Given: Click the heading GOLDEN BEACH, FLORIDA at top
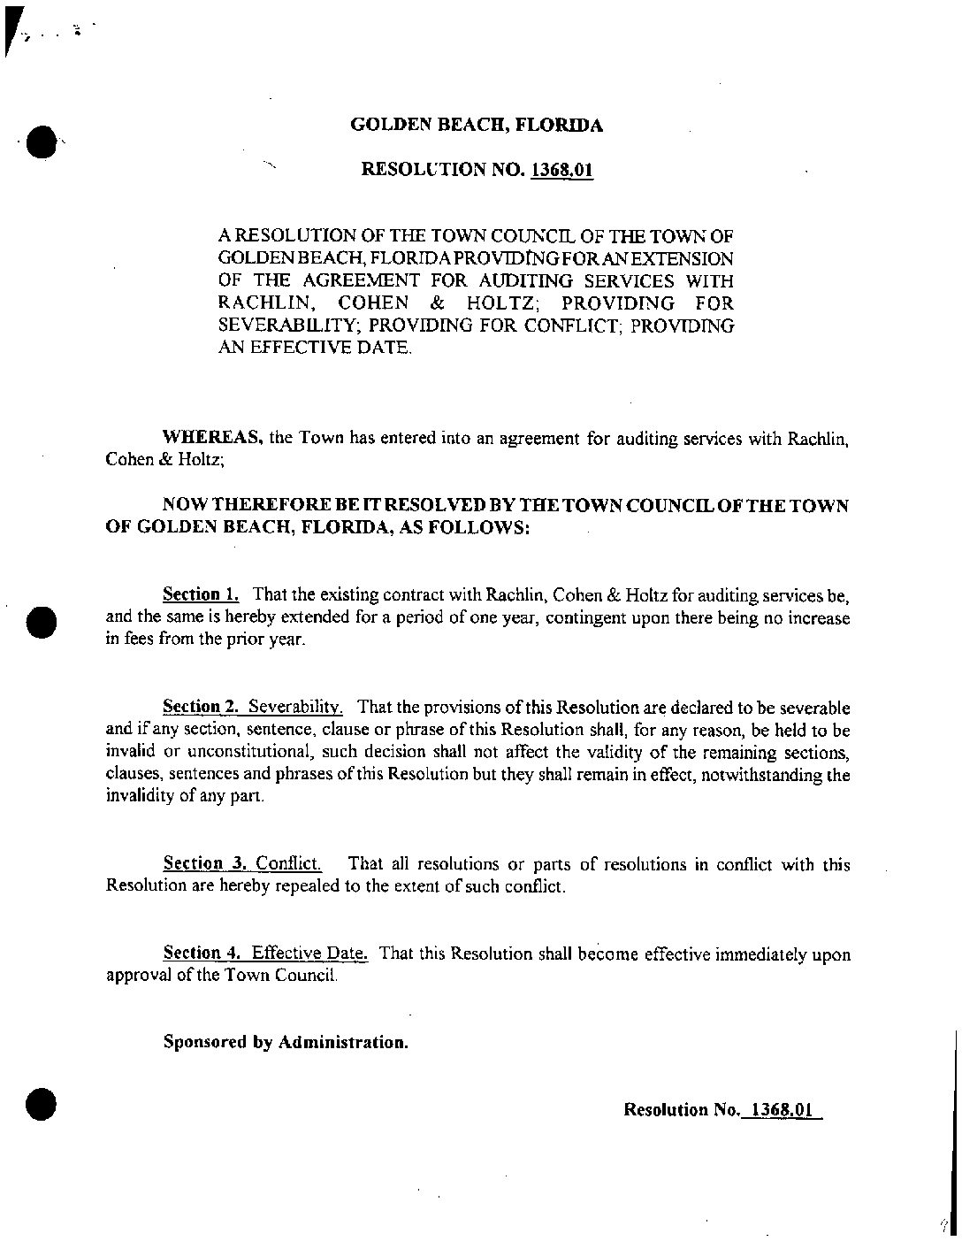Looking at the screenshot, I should (x=477, y=125).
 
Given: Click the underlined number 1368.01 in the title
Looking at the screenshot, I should (x=561, y=169).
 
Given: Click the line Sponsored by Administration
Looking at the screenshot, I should (x=286, y=1042).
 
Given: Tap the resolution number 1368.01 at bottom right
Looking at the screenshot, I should (x=778, y=1109).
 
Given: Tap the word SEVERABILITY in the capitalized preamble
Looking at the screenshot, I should (x=282, y=326).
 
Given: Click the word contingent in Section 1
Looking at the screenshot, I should (x=583, y=617).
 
